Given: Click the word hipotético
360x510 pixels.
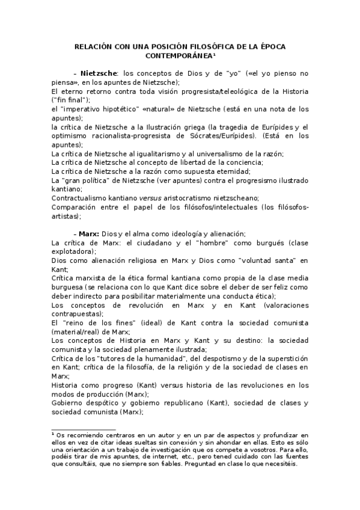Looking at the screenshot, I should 101,109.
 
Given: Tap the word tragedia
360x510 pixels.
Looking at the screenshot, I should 237,127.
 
